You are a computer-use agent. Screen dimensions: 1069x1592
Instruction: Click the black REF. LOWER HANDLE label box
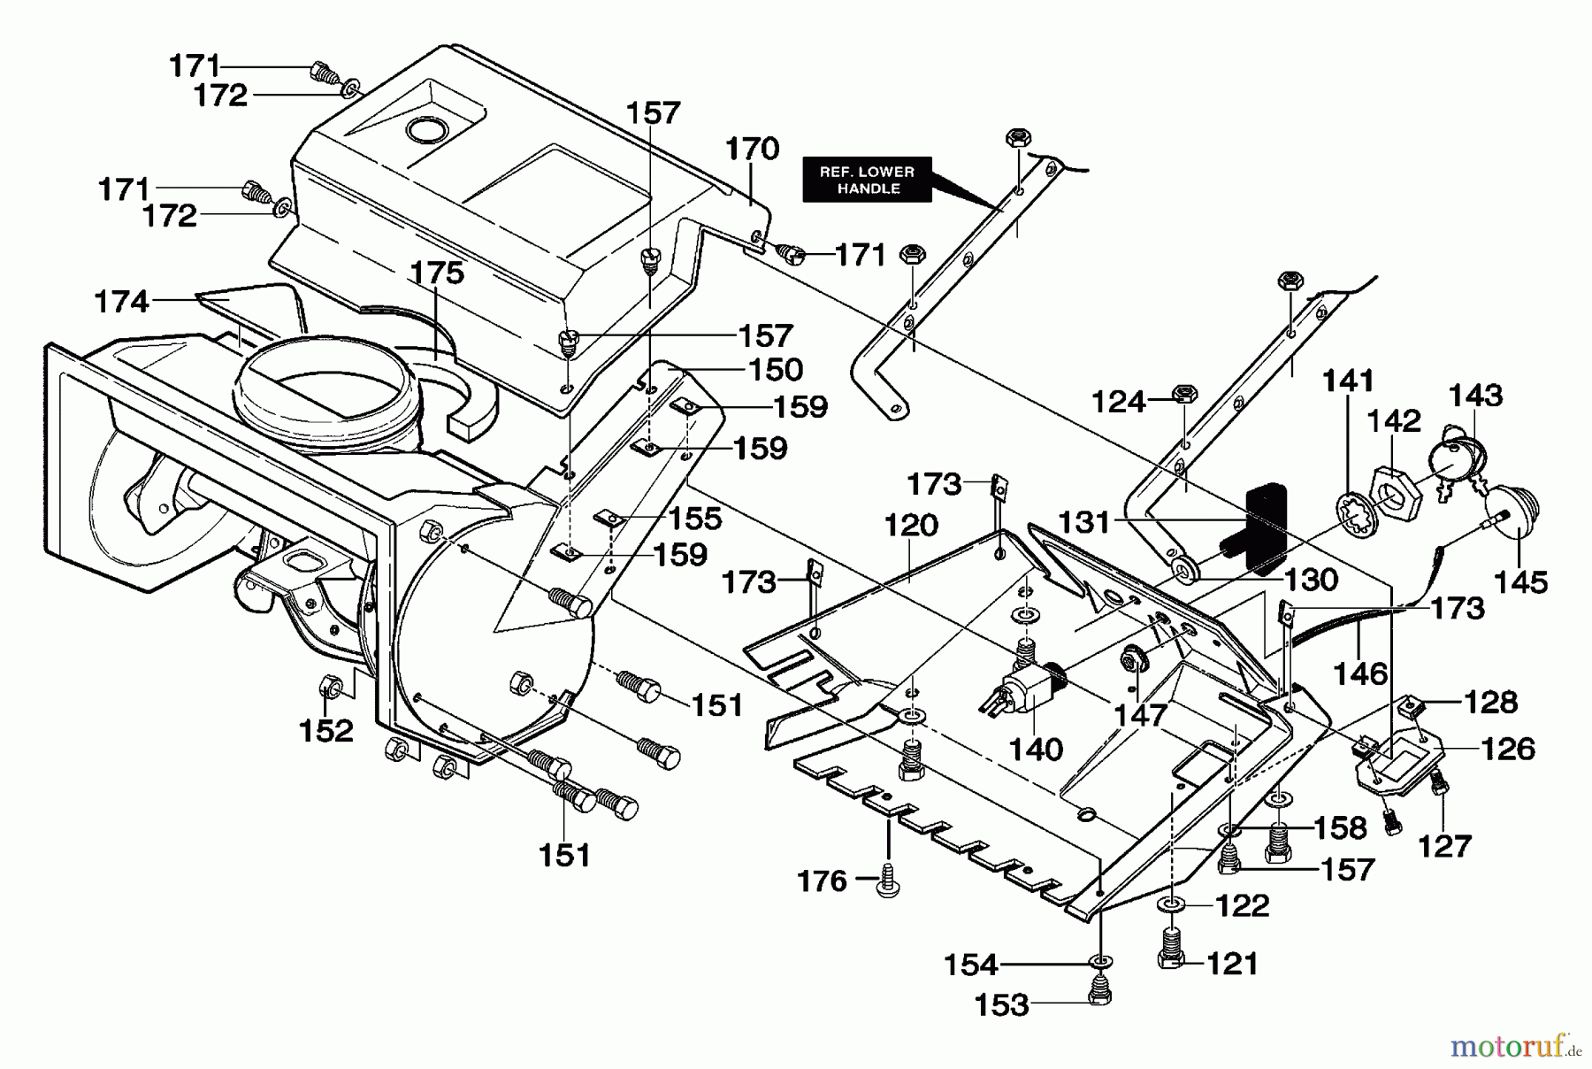(x=866, y=180)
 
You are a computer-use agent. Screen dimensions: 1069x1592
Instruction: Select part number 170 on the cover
(x=752, y=148)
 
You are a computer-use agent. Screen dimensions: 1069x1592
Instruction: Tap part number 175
(x=438, y=273)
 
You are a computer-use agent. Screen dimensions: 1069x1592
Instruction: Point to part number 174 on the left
(x=121, y=302)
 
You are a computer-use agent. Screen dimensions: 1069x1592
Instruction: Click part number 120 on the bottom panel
(x=911, y=525)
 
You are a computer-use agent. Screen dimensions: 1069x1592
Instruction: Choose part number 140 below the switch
(x=1036, y=749)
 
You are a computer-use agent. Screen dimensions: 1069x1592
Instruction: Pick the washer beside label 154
(x=1100, y=963)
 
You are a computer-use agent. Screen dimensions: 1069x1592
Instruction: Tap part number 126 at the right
(x=1507, y=749)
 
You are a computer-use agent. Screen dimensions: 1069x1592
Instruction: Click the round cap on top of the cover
(x=427, y=130)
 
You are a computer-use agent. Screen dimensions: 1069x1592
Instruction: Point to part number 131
(x=1084, y=522)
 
